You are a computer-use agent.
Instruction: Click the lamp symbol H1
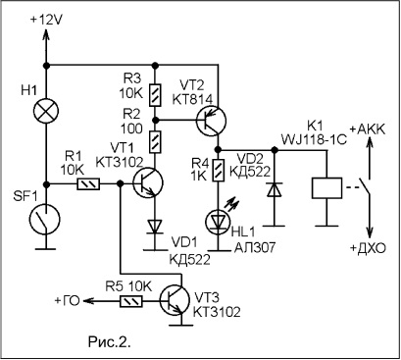coord(46,110)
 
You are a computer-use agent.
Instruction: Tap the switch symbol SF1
coord(45,219)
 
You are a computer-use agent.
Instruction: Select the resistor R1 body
coord(88,184)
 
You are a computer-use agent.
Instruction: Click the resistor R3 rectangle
coord(155,95)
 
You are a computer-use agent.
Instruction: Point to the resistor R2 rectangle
coord(155,141)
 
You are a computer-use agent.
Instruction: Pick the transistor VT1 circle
coord(148,182)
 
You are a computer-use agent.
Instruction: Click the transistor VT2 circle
coord(211,121)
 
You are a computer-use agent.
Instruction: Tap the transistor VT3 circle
coord(175,300)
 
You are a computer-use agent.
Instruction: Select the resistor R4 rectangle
coord(218,170)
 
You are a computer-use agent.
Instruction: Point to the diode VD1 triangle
coord(155,227)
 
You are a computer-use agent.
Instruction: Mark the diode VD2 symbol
coord(274,189)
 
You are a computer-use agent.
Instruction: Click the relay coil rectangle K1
coord(326,188)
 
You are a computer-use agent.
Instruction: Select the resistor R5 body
coord(131,301)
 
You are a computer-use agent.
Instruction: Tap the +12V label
coord(46,20)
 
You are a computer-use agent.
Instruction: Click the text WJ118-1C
coord(314,140)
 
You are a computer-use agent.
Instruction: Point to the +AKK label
coord(368,129)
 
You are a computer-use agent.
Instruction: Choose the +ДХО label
coord(368,248)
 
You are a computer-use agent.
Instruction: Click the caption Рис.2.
coord(110,341)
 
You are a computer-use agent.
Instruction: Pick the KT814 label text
coord(192,99)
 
